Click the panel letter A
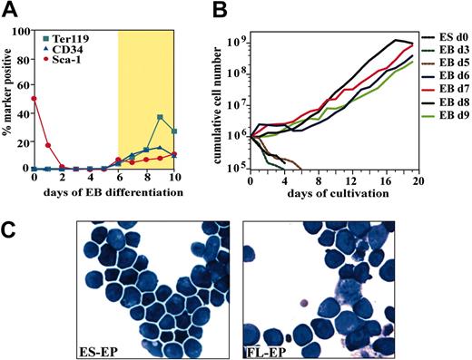click(x=12, y=10)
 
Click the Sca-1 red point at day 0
click(x=34, y=98)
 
